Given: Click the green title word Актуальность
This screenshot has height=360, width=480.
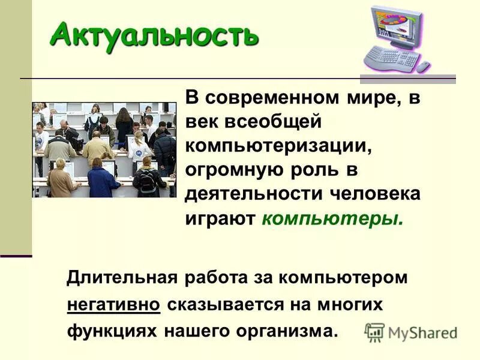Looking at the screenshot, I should click(x=154, y=34).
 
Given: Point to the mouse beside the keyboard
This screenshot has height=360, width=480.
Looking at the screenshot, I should click(x=424, y=67).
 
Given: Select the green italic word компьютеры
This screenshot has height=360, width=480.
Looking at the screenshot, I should click(x=332, y=218).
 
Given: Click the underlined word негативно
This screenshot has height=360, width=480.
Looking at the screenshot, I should click(x=113, y=305).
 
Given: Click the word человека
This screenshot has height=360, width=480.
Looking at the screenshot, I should click(x=374, y=194).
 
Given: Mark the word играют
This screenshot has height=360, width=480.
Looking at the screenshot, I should click(x=220, y=218).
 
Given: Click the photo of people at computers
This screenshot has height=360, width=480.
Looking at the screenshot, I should click(x=104, y=149).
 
